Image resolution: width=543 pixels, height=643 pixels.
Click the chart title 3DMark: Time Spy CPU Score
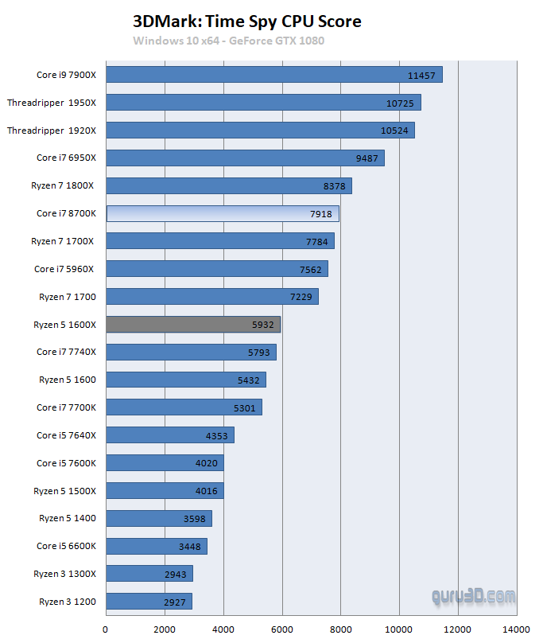tap(246, 21)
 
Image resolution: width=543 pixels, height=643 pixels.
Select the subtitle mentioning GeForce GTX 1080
tap(228, 41)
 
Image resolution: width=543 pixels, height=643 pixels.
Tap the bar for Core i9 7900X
tap(273, 75)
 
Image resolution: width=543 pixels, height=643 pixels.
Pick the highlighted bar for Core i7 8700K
tap(223, 213)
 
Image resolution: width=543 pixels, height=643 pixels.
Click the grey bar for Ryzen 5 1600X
tap(193, 324)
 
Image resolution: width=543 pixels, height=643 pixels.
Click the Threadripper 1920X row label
tap(52, 131)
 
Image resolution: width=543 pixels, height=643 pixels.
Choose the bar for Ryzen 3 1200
tap(149, 601)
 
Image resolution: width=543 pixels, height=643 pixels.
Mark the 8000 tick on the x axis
tap(340, 629)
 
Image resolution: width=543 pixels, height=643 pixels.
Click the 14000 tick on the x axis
tap(516, 629)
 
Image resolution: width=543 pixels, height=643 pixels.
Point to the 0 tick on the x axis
tap(106, 629)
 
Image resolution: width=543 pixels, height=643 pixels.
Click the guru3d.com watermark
tap(473, 595)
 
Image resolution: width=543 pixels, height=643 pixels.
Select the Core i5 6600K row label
tap(66, 546)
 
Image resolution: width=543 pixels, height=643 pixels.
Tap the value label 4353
tap(217, 436)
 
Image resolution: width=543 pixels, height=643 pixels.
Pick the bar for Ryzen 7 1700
tap(211, 296)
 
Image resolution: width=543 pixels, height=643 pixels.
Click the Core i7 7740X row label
tap(66, 352)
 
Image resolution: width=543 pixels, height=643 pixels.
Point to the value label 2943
tap(175, 575)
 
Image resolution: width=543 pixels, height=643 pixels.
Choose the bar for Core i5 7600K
tap(165, 462)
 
